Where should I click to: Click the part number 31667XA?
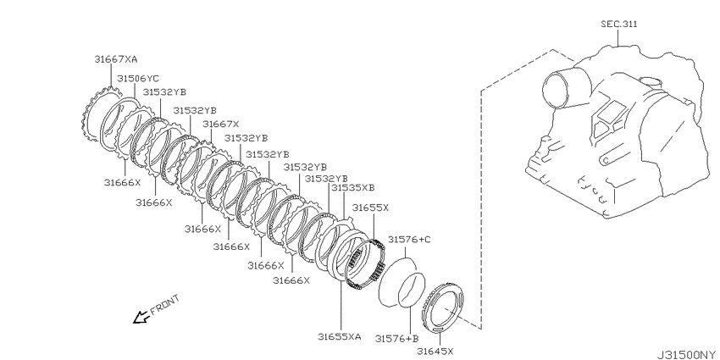[116, 59]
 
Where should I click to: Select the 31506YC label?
[138, 79]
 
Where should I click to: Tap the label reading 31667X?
[221, 124]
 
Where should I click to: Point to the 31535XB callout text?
[353, 187]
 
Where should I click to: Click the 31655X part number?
[370, 208]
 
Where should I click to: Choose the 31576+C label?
[409, 239]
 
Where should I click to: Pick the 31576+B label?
[397, 339]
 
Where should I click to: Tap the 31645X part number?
[435, 352]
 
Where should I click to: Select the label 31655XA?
[340, 336]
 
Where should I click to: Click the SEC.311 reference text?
[619, 25]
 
